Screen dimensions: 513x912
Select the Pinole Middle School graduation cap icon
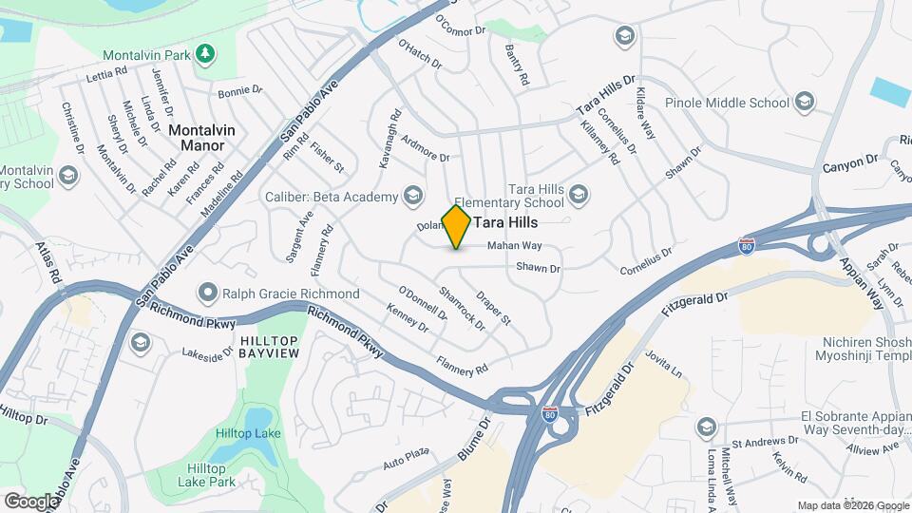(x=804, y=102)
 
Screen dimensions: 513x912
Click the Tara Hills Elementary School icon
(x=579, y=196)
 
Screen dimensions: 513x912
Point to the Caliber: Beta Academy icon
(x=412, y=196)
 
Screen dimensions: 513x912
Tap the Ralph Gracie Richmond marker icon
(x=204, y=294)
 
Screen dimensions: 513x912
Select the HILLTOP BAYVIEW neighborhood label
(x=270, y=347)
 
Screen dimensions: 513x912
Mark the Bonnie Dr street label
(x=239, y=92)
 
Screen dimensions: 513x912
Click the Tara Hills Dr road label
(x=605, y=98)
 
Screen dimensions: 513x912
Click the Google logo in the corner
(x=31, y=501)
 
